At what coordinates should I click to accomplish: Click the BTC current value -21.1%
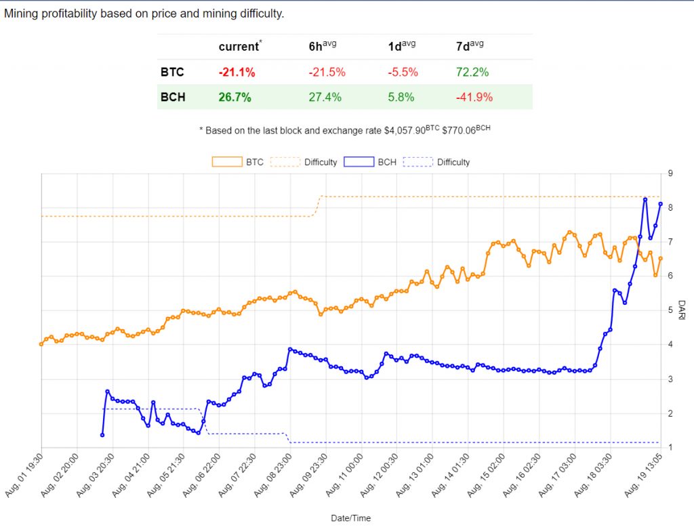[x=237, y=72]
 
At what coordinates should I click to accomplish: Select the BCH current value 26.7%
[x=234, y=97]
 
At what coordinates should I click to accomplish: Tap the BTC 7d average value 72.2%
[x=473, y=72]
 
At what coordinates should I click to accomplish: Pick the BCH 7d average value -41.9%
[x=474, y=97]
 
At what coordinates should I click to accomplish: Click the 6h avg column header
[x=323, y=46]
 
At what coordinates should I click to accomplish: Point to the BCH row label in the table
[x=173, y=97]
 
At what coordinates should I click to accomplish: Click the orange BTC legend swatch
[x=227, y=162]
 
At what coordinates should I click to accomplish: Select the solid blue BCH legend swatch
[x=359, y=162]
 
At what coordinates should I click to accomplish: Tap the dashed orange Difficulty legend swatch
[x=285, y=162]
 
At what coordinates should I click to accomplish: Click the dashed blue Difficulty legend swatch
[x=418, y=162]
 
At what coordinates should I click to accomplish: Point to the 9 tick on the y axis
[x=670, y=173]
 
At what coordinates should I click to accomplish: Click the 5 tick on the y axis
[x=670, y=310]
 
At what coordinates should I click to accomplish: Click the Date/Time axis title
[x=350, y=518]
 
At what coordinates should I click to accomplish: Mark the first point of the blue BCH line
[x=102, y=435]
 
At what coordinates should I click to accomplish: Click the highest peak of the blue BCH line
[x=645, y=199]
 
